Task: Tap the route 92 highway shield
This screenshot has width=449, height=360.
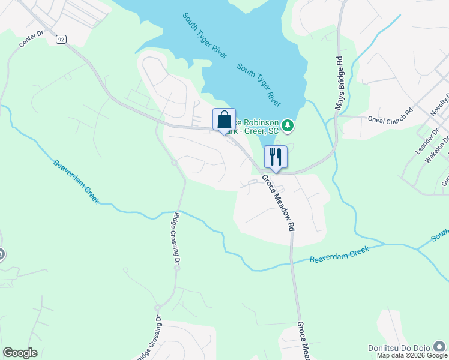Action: [x=61, y=39]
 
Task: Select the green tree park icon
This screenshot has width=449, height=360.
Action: [x=288, y=125]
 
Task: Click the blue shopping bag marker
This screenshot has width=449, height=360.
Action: [x=224, y=119]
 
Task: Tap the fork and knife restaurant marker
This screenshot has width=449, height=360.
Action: [x=276, y=157]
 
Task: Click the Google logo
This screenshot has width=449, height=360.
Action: [x=20, y=353]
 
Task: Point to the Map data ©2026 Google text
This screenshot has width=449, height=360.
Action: [x=411, y=355]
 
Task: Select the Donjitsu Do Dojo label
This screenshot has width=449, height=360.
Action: [x=400, y=348]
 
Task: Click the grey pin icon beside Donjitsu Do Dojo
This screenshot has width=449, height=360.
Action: [x=441, y=346]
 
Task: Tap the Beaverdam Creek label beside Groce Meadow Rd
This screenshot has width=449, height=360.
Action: [x=339, y=254]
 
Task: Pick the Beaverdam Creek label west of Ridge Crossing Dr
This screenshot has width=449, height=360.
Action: [x=76, y=182]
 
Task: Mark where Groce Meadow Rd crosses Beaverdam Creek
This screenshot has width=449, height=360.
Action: [x=292, y=261]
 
